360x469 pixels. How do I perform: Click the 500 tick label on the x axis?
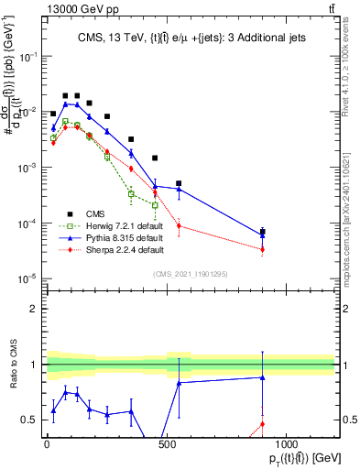167,442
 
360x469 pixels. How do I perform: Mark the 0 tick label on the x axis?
47,442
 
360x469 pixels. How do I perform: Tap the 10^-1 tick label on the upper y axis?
27,56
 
